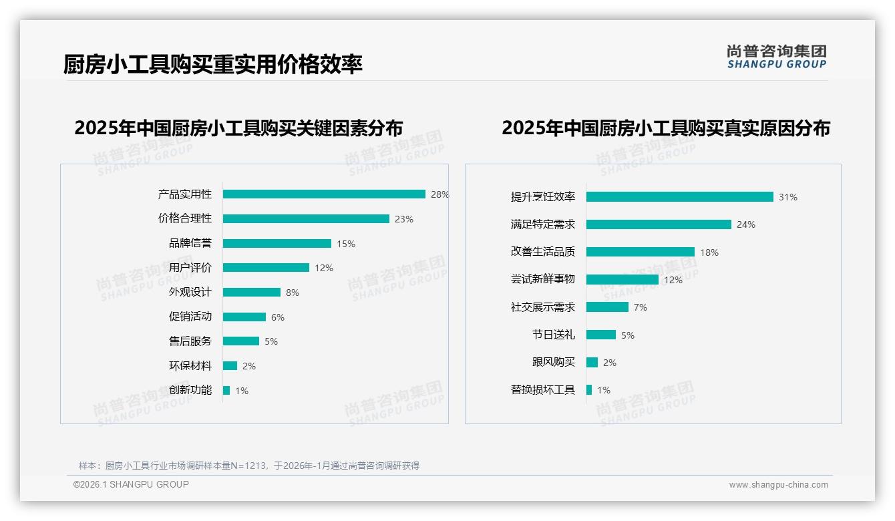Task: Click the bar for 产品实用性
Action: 324,194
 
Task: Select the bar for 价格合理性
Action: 306,219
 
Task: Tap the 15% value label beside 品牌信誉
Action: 345,244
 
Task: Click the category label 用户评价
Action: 190,268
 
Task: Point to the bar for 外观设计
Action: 252,293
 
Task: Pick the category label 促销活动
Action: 190,317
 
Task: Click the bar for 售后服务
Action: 241,341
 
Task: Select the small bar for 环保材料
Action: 230,366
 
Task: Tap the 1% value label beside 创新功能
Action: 241,391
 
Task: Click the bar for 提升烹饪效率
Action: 679,197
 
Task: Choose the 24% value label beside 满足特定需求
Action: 745,225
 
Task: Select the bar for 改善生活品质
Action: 641,252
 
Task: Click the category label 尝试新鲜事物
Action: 542,279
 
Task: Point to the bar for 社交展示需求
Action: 607,307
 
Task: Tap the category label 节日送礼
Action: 553,335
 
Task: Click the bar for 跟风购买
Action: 592,363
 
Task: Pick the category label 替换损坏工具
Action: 542,390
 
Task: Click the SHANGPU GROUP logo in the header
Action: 776,57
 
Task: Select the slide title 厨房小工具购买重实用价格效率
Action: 213,65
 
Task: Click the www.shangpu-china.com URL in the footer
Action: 778,485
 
